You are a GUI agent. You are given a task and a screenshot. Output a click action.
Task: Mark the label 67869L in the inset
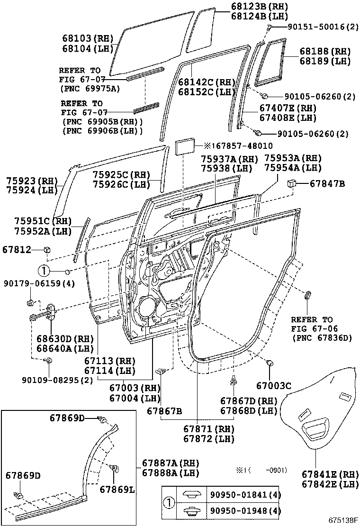117,489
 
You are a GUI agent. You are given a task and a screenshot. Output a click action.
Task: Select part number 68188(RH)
324,51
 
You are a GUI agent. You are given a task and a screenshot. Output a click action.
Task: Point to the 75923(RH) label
31,181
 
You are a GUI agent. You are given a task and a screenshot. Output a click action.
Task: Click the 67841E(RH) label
326,474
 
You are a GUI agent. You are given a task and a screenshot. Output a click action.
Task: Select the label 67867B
164,410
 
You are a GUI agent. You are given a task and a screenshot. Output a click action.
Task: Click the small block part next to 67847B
292,183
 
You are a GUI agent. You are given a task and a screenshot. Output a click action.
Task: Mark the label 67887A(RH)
171,463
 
